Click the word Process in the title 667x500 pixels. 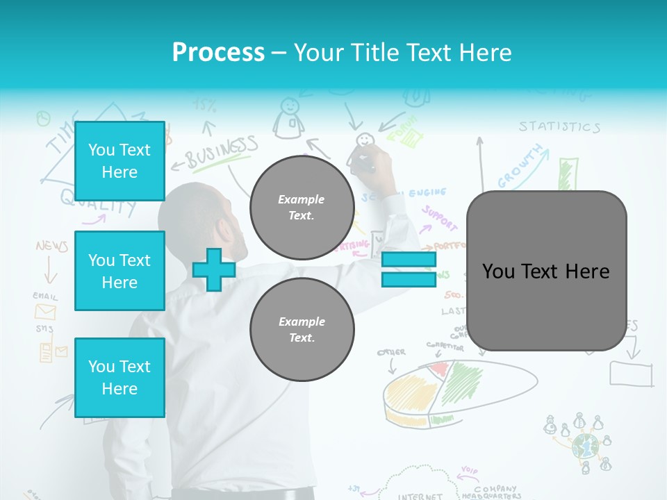click(218, 52)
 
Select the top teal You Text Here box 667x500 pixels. click(120, 161)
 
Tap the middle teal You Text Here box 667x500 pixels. click(120, 271)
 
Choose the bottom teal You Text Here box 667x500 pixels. click(120, 378)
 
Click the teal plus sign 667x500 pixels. click(213, 269)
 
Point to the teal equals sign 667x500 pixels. click(409, 269)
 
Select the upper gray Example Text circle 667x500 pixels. click(302, 208)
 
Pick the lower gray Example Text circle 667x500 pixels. click(302, 330)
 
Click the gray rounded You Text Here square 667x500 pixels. click(546, 271)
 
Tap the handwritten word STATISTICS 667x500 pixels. click(559, 126)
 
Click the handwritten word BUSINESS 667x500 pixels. click(221, 151)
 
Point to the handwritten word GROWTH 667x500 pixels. click(520, 167)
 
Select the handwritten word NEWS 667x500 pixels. click(52, 247)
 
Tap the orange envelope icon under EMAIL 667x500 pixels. click(45, 312)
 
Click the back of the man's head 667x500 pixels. click(208, 222)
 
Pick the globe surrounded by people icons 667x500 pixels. click(584, 445)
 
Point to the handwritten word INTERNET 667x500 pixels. click(420, 496)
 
